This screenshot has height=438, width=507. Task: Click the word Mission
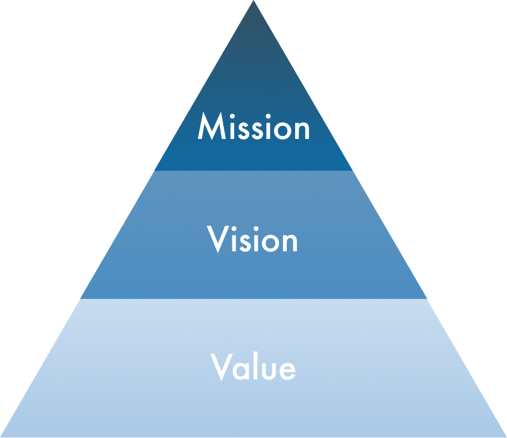253,128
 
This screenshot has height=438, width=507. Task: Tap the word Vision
253,240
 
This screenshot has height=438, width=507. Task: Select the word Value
253,367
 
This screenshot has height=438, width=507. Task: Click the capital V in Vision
218,240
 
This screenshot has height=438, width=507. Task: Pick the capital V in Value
222,367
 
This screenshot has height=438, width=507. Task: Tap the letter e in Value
287,370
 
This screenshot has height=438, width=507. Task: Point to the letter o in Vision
270,243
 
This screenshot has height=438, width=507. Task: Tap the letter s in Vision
244,243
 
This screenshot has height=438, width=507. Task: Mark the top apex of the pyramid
253,2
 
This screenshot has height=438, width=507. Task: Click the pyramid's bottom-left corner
2,436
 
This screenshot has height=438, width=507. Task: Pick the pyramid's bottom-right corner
505,436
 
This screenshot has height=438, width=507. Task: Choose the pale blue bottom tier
253,405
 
